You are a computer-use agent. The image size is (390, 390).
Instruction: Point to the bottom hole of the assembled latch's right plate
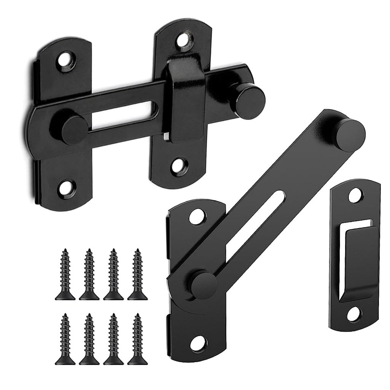coord(177,165)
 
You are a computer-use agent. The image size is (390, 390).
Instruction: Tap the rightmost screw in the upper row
coord(135,274)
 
